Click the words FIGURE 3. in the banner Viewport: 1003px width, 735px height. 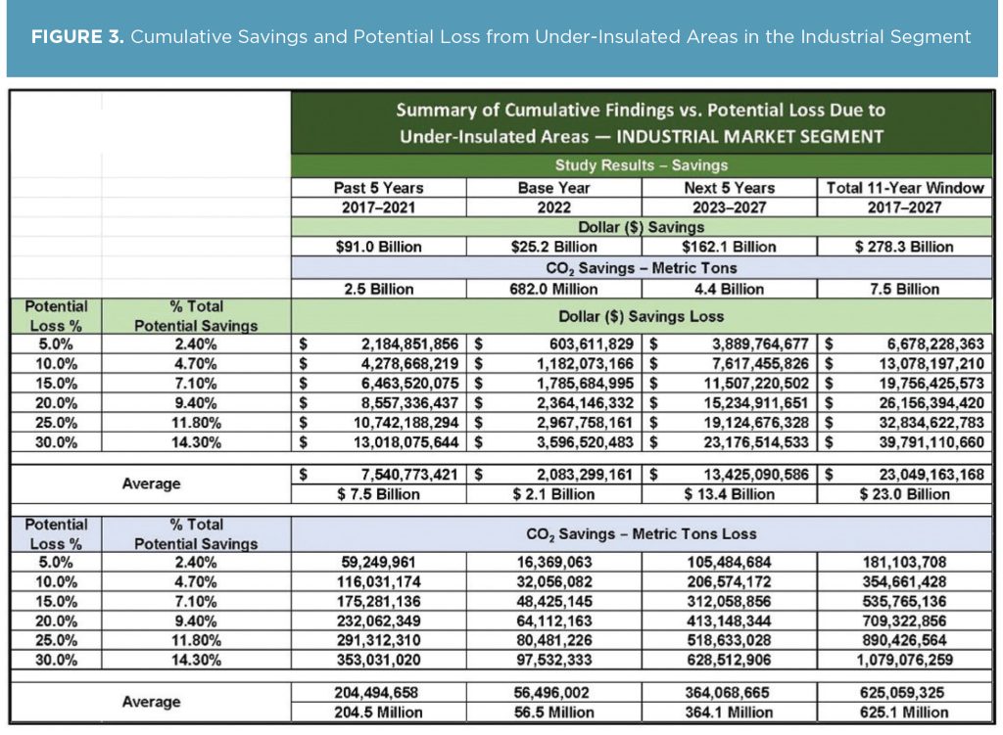tap(75, 37)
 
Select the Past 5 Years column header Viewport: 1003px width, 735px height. tap(377, 187)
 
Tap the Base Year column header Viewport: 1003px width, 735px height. tap(554, 187)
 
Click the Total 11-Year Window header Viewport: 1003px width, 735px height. tap(905, 187)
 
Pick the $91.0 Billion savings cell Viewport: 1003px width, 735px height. tap(377, 247)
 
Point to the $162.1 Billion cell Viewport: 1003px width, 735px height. tap(729, 247)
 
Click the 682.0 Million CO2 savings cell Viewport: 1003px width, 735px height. tap(554, 289)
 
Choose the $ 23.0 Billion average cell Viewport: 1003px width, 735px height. tap(905, 494)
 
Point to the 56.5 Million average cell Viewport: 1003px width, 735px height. tap(554, 712)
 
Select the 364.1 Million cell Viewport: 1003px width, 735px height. tap(729, 712)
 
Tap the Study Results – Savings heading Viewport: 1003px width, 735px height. tap(642, 165)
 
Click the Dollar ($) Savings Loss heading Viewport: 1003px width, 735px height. tap(642, 315)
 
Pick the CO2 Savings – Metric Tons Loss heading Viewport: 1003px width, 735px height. tap(642, 534)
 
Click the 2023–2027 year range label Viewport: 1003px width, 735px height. tap(729, 207)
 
